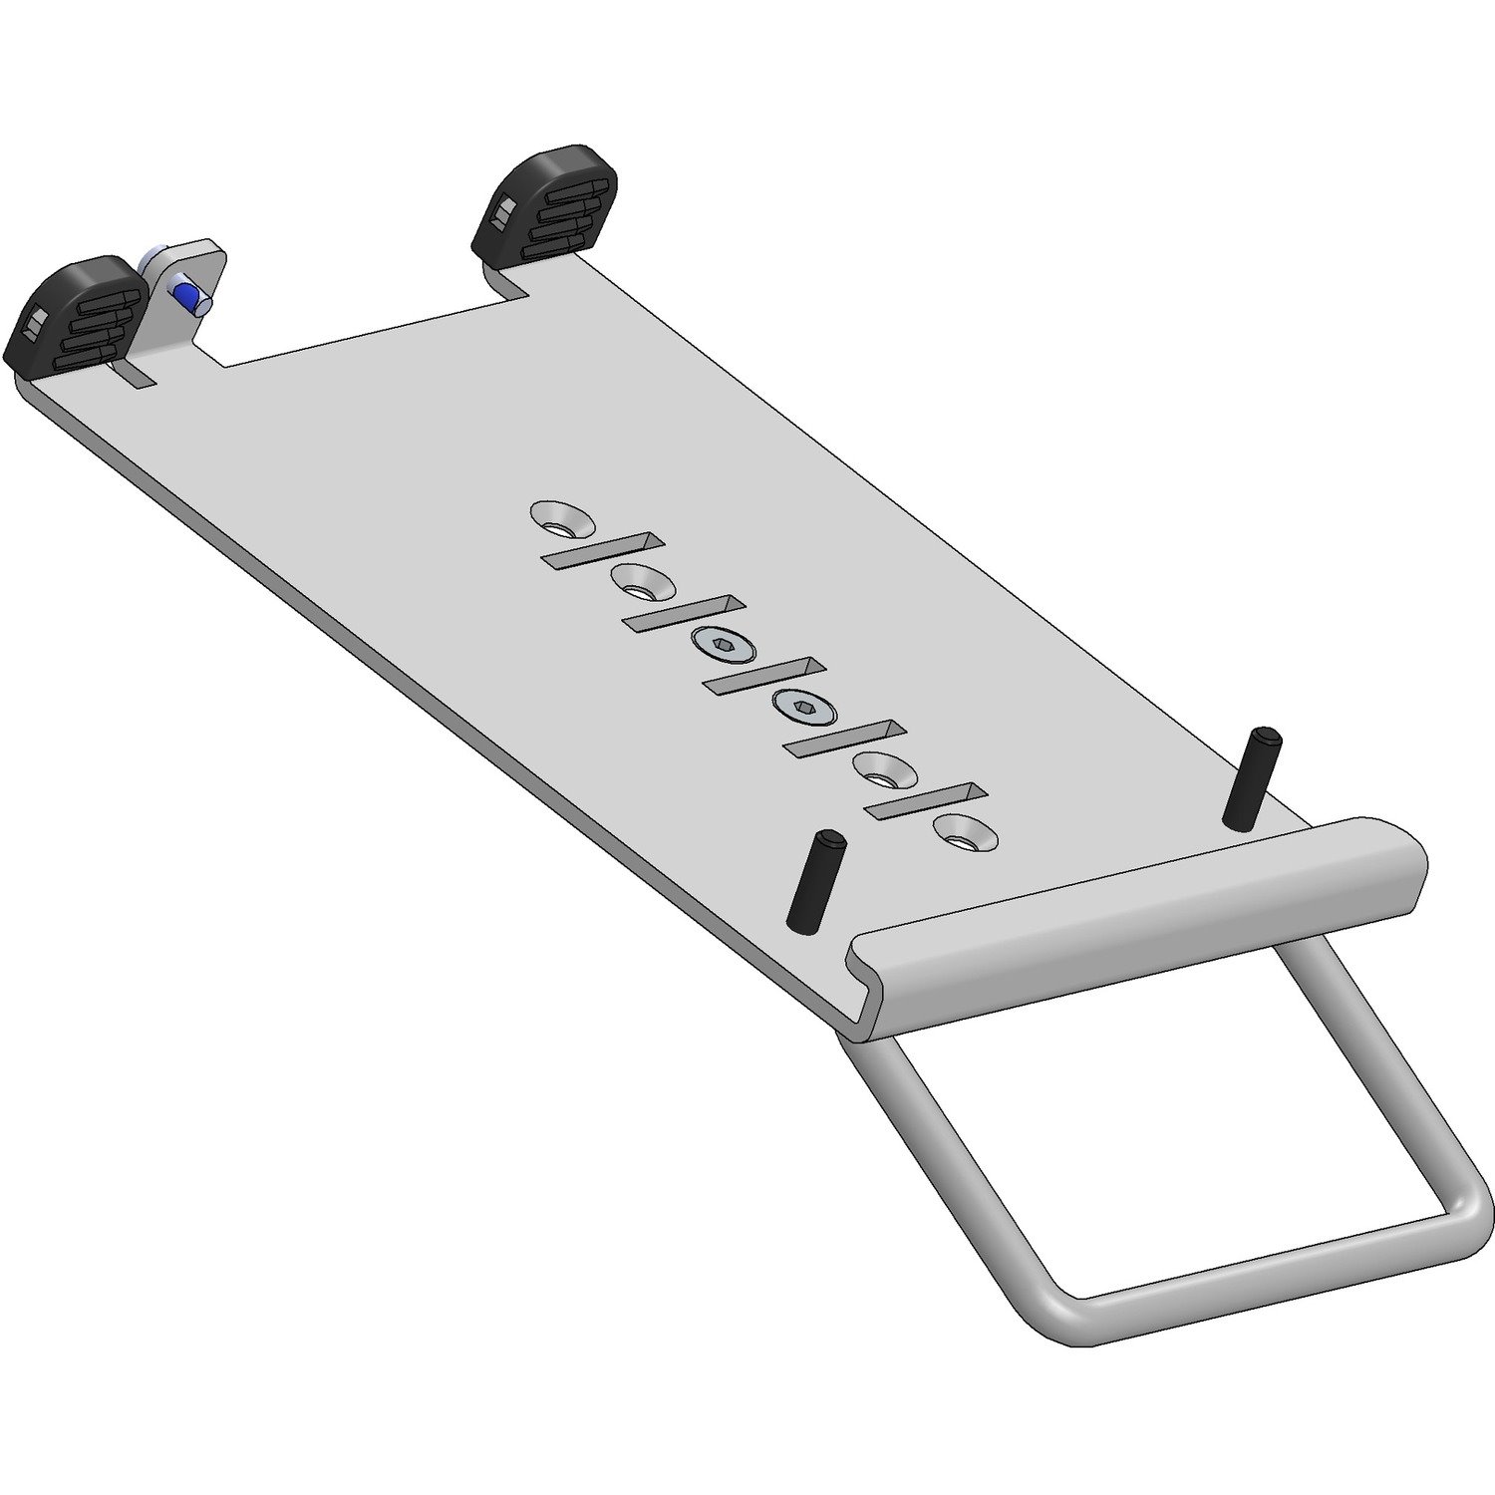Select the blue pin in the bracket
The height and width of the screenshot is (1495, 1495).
pos(184,293)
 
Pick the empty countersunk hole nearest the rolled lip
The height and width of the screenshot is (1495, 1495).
pos(963,833)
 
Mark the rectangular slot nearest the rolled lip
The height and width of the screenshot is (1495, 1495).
pos(925,801)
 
